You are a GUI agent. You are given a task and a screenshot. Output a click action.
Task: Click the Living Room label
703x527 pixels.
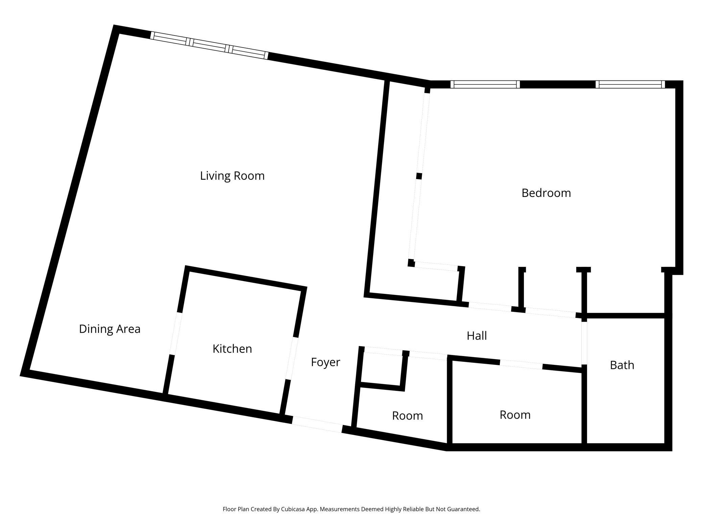tap(232, 176)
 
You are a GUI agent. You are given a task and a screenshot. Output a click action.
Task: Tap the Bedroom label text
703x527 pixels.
tap(546, 193)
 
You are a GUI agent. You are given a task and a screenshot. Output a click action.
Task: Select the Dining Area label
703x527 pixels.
tap(110, 329)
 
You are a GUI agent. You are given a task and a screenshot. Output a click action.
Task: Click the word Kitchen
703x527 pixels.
tap(232, 349)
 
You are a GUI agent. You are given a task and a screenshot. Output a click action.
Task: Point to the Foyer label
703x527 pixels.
tap(325, 362)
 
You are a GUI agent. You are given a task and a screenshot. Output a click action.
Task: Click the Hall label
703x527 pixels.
tap(477, 336)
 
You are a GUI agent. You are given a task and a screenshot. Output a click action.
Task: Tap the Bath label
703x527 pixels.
tap(622, 365)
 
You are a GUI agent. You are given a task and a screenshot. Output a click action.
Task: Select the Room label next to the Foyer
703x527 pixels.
tap(407, 416)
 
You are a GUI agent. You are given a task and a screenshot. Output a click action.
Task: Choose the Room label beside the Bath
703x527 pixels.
tap(515, 415)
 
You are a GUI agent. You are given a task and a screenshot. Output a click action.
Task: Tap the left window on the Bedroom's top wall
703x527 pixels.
tap(485, 84)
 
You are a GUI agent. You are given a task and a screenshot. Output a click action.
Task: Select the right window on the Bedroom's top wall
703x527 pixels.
tap(630, 84)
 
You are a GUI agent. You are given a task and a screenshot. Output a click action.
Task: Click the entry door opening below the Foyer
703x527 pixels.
tap(317, 424)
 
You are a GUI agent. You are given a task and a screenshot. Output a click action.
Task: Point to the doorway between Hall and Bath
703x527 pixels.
tap(584, 343)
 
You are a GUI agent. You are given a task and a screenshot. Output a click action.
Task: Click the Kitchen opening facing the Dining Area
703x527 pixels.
tap(175, 334)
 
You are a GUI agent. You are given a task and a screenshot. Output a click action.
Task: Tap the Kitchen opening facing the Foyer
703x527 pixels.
tap(292, 358)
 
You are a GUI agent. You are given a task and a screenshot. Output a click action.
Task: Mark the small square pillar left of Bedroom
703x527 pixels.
tap(419, 176)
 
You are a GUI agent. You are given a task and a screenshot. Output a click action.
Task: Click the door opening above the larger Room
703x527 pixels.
tap(521, 365)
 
